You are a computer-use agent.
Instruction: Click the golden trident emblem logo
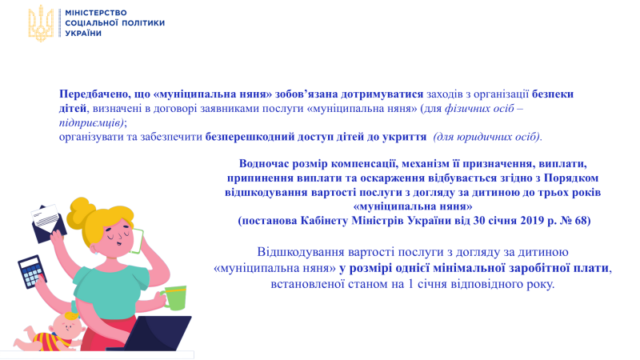pos(41,23)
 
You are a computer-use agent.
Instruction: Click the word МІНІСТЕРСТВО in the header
pos(96,13)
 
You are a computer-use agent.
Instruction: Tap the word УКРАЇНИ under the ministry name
pos(83,33)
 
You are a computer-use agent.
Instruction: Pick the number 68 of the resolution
pos(582,221)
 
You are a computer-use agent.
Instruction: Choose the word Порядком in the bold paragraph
pos(571,178)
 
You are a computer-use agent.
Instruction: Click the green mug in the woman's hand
pos(174,298)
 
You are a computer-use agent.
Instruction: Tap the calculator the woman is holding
pos(32,272)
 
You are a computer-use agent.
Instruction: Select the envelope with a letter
pos(48,223)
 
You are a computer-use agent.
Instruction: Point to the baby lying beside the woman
pos(51,333)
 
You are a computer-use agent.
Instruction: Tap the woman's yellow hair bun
pos(81,211)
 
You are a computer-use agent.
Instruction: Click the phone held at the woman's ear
pos(138,241)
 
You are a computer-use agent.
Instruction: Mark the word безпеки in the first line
pos(553,94)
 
